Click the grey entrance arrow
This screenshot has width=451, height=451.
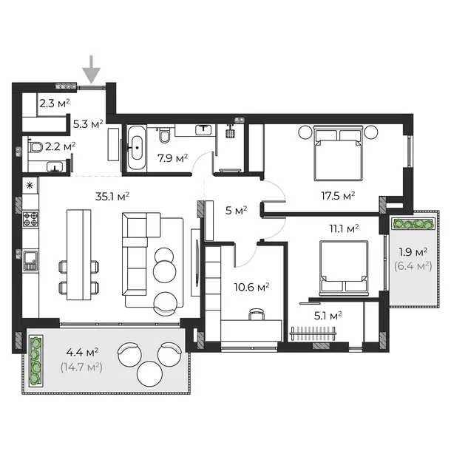92,69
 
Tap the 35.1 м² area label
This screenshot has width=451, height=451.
112,197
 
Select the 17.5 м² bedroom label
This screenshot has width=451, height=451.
338,196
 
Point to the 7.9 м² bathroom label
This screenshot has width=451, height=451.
172,158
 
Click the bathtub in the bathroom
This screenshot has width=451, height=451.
137,147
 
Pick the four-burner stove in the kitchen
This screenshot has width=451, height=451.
30,219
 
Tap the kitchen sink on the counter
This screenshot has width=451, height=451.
30,260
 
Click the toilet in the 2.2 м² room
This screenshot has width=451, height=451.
35,147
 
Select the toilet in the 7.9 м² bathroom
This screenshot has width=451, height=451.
165,136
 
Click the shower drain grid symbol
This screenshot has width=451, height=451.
230,134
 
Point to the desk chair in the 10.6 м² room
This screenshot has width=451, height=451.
257,313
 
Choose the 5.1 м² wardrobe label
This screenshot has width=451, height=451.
328,316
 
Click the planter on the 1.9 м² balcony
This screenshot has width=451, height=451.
414,223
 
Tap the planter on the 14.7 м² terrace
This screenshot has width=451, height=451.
35,361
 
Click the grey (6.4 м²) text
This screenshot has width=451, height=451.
413,265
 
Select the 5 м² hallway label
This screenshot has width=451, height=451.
237,210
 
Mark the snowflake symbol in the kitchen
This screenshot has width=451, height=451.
30,186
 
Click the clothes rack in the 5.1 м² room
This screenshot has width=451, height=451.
313,333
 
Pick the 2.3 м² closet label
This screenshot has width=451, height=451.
55,104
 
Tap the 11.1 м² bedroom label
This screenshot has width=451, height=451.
344,229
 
